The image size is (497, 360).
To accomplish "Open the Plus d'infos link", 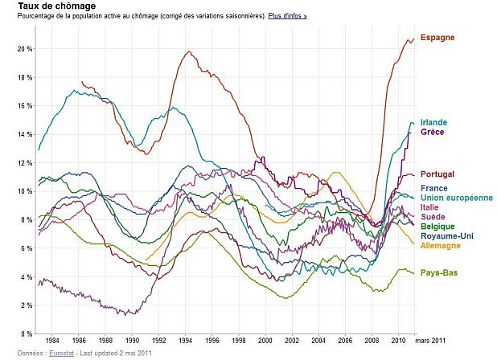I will [287, 16].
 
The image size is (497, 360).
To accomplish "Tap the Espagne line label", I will [437, 38].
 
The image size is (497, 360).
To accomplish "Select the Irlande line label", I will [433, 122].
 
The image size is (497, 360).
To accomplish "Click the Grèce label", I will [432, 132].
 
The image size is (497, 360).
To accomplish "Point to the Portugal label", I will [437, 174].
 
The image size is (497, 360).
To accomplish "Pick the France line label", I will [433, 188].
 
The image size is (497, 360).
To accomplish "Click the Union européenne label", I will [455, 198].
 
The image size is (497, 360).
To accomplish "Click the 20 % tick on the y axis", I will [24, 49].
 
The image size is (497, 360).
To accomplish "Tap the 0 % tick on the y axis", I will [27, 333].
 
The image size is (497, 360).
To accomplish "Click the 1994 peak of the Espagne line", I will [189, 52].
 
